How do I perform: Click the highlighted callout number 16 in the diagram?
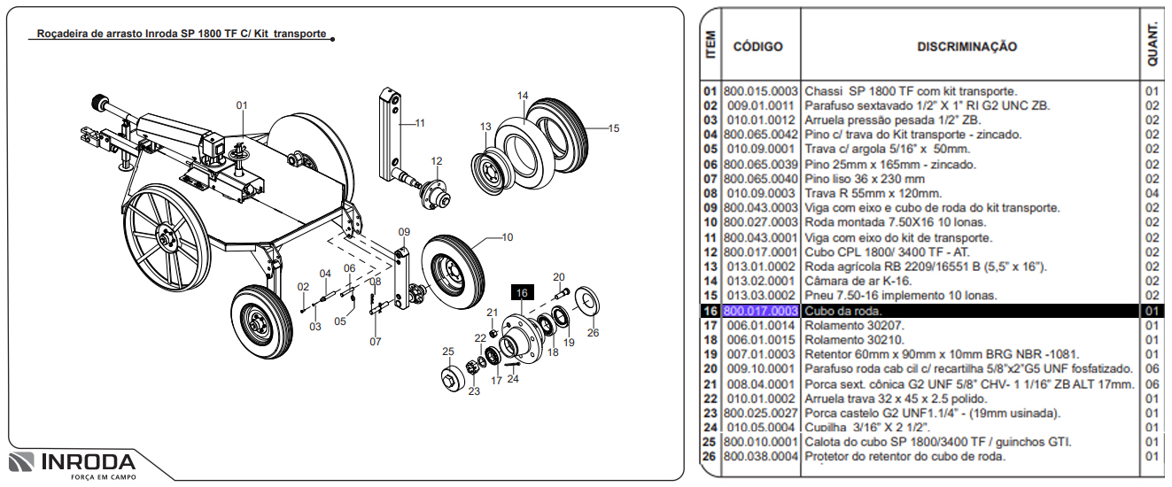coord(521,293)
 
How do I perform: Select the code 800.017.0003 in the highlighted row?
coord(761,311)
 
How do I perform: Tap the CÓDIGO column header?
coord(757,46)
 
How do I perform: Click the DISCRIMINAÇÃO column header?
coord(966,46)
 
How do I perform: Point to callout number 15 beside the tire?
coord(614,128)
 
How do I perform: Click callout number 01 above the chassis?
coord(241,105)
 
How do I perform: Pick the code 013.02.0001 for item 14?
coord(761,282)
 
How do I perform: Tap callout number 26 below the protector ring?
coord(593,333)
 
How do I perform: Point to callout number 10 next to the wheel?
coord(507,237)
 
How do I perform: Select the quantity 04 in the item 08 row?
coord(1152,193)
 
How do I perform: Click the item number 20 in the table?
coord(710,368)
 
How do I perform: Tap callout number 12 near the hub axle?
coord(436,160)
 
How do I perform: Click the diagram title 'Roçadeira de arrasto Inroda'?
coord(182,35)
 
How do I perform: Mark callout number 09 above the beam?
coord(404,232)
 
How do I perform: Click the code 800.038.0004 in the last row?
coord(761,456)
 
